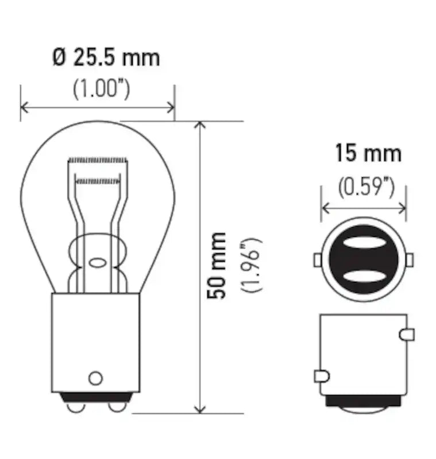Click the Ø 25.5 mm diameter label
(106, 57)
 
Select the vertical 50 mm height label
(217, 265)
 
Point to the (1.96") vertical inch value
(252, 265)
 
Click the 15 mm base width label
(368, 153)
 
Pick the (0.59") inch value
(366, 186)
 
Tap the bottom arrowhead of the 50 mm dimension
(200, 409)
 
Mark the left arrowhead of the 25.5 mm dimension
(24, 107)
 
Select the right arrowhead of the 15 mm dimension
(402, 208)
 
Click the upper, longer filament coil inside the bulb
(97, 159)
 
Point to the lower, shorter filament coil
(98, 181)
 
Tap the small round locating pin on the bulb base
(95, 378)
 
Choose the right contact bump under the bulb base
(117, 406)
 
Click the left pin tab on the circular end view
(317, 260)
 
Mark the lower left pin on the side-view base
(321, 376)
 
